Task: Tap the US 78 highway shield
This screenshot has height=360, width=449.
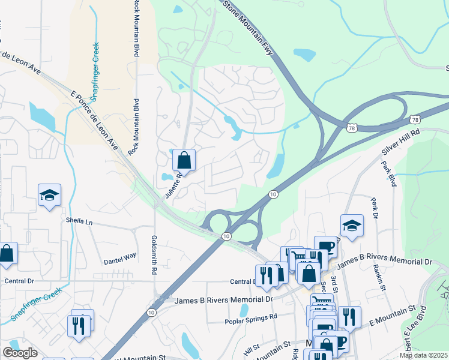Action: pos(351,127)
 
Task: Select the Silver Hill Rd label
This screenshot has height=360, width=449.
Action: pos(400,141)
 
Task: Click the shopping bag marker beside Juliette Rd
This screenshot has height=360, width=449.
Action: pos(184,161)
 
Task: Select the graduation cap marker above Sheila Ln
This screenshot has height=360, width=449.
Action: pos(49,195)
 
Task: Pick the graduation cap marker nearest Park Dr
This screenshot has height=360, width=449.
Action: pos(352,226)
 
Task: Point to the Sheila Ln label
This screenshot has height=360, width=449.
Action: pos(80,222)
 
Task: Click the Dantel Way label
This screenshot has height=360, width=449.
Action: pos(120,259)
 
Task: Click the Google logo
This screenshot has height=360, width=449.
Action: pos(20,352)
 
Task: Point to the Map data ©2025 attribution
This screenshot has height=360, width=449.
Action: pos(423,355)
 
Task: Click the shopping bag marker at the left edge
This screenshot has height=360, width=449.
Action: pos(7,254)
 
